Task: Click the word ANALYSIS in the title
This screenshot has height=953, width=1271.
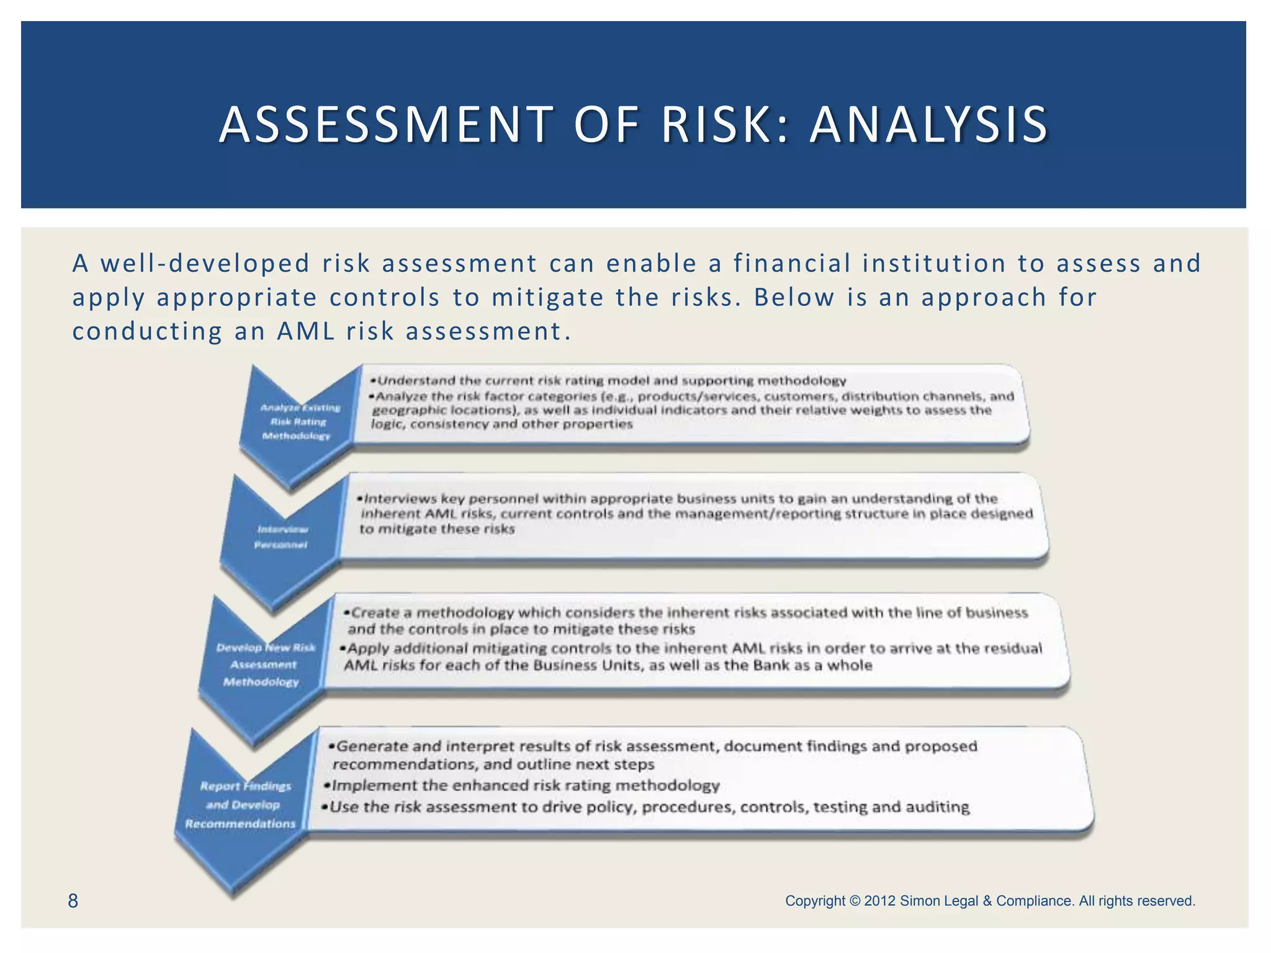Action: tap(928, 125)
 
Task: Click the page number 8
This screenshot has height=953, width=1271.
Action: tap(73, 901)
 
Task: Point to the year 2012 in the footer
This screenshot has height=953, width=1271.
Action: tap(880, 901)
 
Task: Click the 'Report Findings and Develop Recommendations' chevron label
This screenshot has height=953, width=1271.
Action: tap(242, 805)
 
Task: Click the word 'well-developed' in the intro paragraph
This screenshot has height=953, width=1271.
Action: tap(205, 264)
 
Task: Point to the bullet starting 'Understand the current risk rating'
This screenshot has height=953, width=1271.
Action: tap(611, 380)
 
